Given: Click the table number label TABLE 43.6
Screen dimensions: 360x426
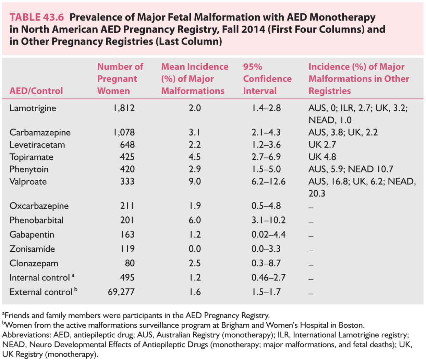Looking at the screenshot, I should [x=37, y=17].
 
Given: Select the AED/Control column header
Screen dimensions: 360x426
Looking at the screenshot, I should [x=36, y=91].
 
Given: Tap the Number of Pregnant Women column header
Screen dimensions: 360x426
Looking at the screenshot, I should [x=120, y=79].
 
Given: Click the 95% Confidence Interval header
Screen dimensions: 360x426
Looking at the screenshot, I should [x=267, y=79].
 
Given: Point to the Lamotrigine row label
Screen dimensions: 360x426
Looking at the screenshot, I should [x=33, y=108].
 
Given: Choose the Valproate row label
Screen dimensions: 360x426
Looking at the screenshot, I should [x=28, y=181].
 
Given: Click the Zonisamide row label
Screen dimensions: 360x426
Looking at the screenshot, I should [x=32, y=249].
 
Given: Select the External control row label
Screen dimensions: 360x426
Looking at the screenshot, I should [x=41, y=292].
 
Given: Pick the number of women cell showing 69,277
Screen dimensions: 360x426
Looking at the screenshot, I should [x=121, y=292].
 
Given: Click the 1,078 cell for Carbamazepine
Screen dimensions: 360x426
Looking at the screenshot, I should [x=124, y=132].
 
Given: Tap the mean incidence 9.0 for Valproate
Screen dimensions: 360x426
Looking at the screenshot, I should [x=195, y=181].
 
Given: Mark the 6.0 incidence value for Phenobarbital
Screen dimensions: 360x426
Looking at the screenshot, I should [x=195, y=220].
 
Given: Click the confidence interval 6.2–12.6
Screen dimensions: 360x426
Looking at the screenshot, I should [x=268, y=181].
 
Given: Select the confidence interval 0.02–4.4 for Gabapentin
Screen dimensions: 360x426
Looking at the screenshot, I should [x=268, y=235].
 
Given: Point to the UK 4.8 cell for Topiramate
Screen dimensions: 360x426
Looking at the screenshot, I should [x=322, y=157].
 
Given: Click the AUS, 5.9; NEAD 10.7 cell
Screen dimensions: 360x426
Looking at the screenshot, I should [x=351, y=169].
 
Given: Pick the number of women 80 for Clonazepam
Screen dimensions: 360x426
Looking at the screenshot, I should [x=130, y=263].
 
